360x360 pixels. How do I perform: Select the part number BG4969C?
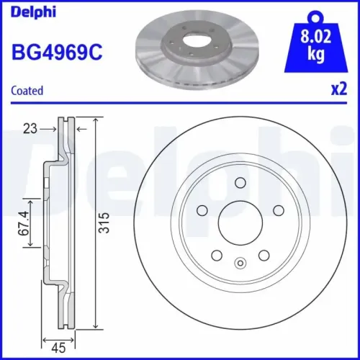(x=55, y=52)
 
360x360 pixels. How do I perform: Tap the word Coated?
(x=27, y=91)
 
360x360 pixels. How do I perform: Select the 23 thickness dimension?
(x=30, y=128)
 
